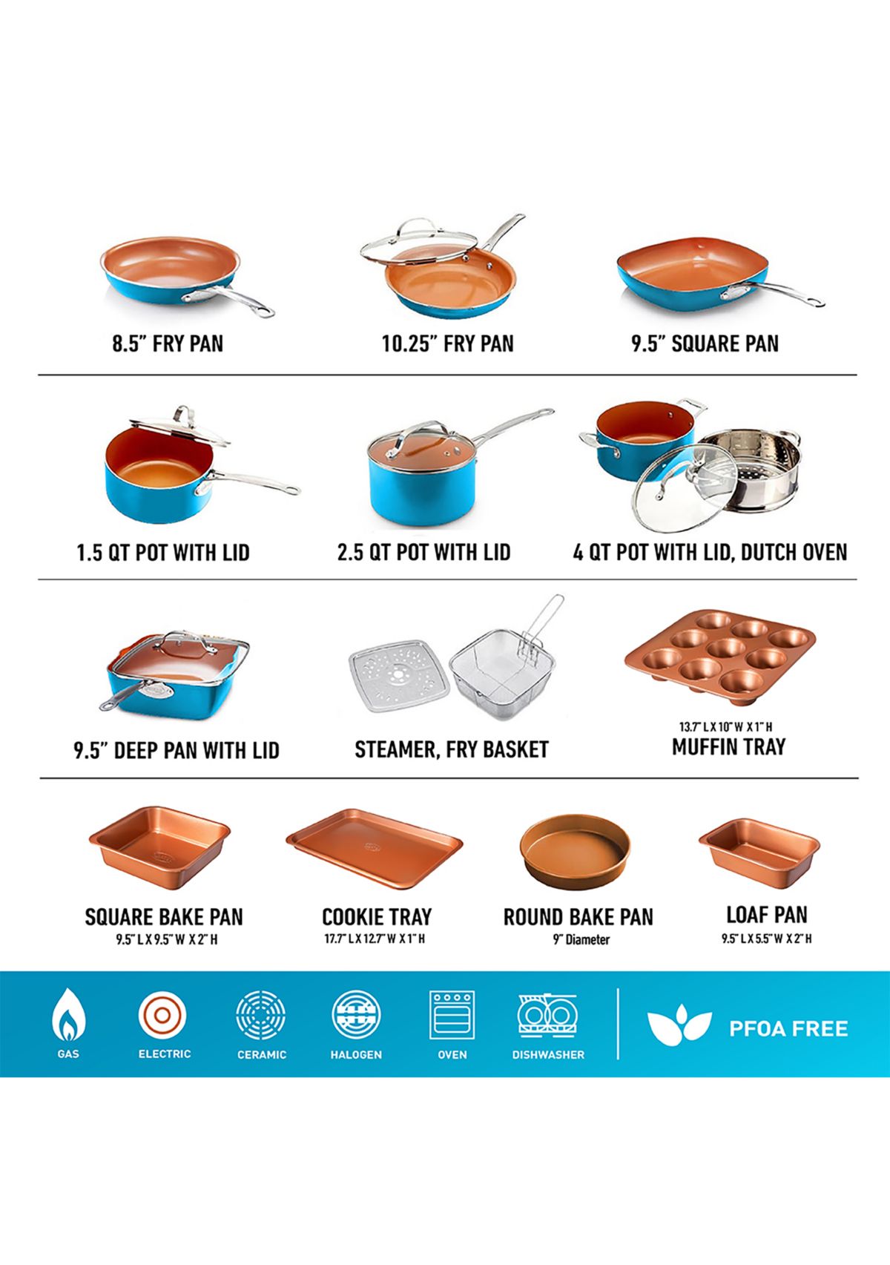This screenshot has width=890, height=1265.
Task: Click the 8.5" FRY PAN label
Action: [168, 344]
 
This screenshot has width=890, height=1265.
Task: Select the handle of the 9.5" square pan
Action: [772, 294]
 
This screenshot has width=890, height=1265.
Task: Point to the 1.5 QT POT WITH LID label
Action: [163, 552]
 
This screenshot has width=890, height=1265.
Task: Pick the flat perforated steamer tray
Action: [399, 675]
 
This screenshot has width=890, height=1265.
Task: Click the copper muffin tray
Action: [720, 656]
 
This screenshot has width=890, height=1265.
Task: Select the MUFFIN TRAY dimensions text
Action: [725, 727]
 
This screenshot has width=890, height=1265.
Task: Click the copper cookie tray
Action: [375, 850]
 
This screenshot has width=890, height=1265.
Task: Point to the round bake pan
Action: [575, 852]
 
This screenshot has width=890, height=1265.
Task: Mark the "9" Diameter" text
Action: [581, 940]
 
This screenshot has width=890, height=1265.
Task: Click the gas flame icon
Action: [68, 1014]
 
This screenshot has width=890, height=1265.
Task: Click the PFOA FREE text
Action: [788, 1028]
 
